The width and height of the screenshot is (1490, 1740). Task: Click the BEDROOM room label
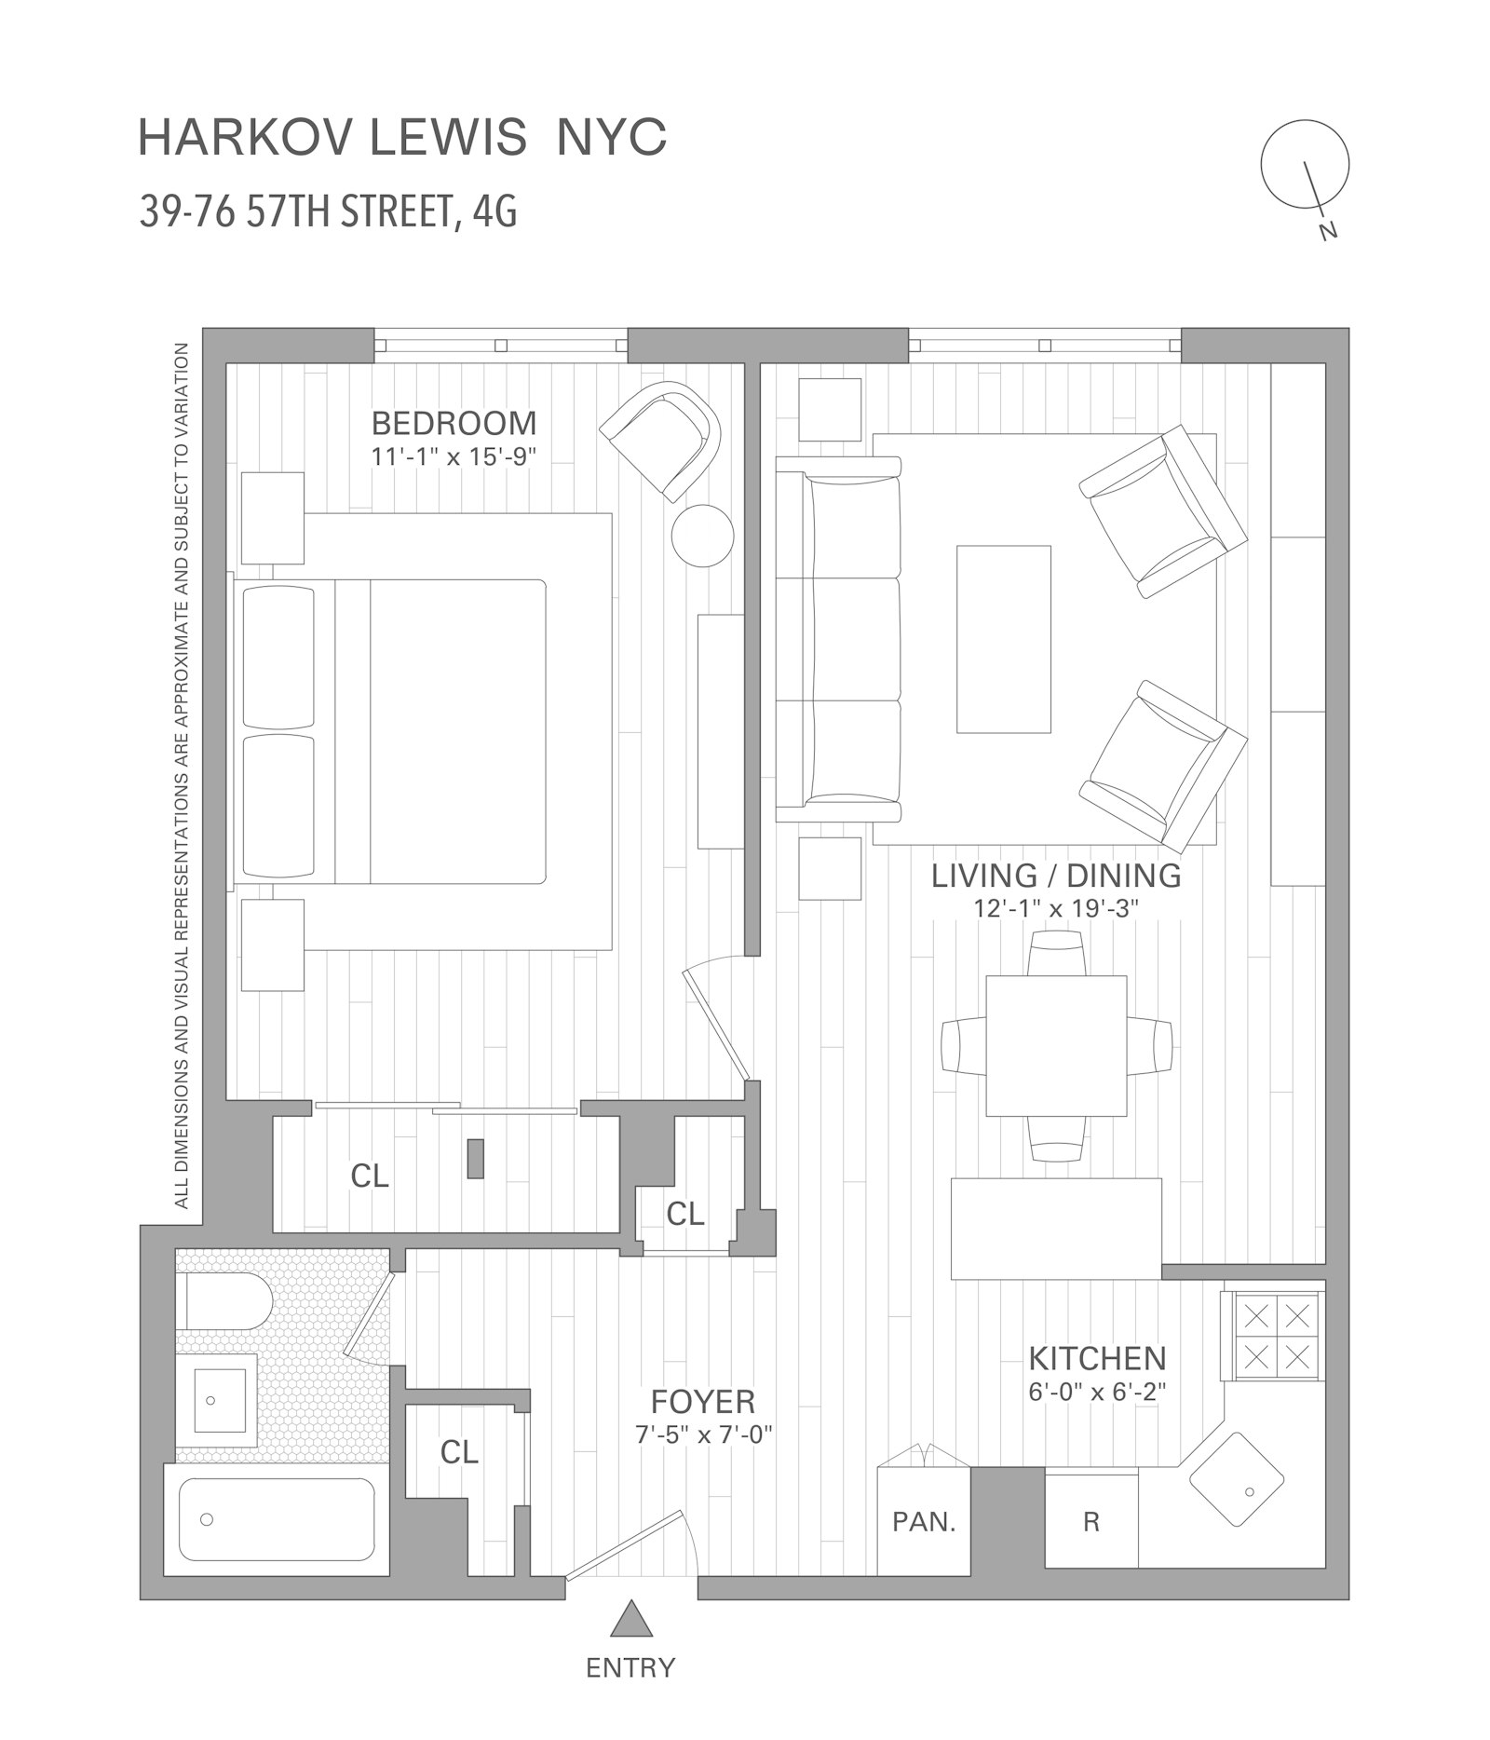[454, 423]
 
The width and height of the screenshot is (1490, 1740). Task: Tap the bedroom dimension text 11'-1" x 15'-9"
[454, 456]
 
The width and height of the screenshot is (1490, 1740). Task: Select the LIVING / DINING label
[1056, 876]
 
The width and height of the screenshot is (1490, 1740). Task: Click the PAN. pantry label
[923, 1522]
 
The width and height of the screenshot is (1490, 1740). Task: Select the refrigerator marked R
[1091, 1522]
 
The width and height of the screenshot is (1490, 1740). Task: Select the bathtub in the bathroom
[277, 1519]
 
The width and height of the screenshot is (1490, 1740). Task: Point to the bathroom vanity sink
[223, 1400]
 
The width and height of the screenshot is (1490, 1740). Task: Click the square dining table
[1056, 1045]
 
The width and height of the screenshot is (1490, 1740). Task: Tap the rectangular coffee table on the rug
[1004, 639]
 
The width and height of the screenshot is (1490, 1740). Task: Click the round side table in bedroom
[702, 535]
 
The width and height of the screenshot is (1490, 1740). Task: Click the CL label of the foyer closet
[459, 1451]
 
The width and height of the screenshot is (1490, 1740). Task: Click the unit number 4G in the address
[494, 212]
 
